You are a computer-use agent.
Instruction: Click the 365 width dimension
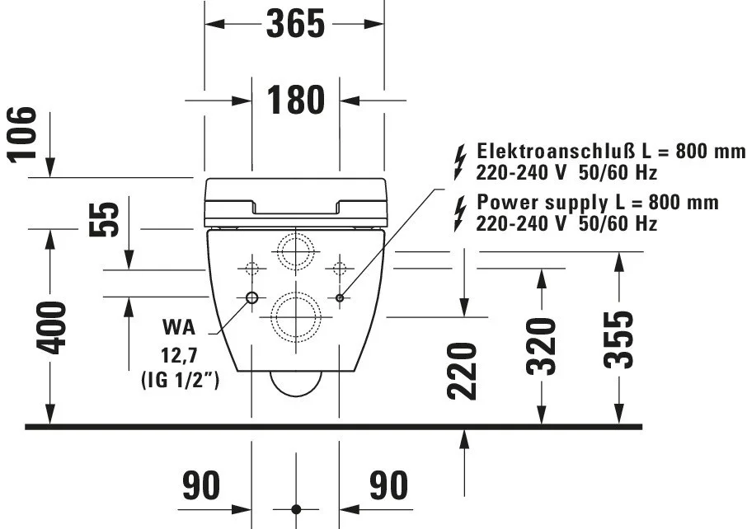295,24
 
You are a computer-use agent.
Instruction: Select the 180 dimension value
295,100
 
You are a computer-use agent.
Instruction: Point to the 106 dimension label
22,135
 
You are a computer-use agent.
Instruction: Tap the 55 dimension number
104,219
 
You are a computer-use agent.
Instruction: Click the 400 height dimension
51,328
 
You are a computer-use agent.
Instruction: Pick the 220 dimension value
462,371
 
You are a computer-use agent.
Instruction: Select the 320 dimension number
541,347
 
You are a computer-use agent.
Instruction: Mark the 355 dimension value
618,339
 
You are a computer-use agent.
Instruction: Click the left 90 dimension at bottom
201,485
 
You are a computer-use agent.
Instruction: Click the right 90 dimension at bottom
388,485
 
